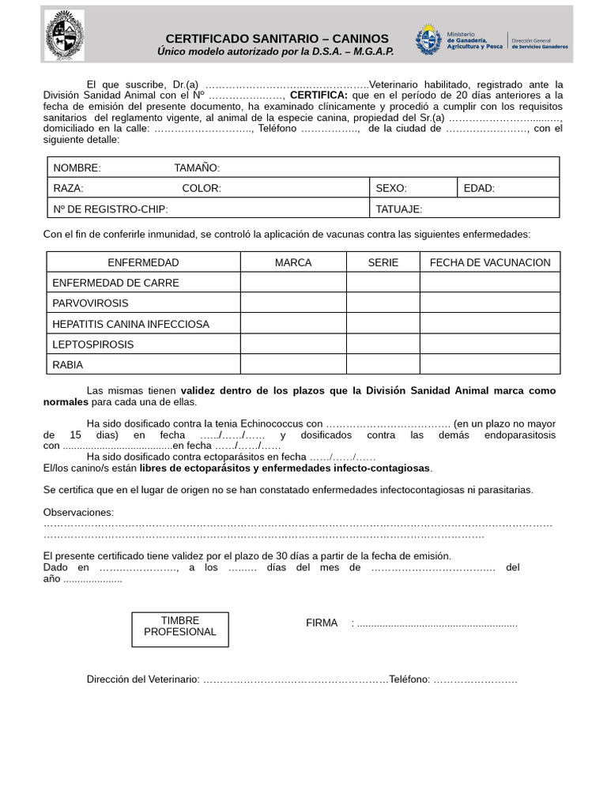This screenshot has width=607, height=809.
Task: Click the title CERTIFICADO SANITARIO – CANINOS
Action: [277, 39]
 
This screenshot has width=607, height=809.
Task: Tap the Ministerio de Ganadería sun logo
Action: [430, 40]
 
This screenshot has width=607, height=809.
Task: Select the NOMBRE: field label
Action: [77, 167]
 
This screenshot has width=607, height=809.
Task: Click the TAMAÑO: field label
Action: [197, 167]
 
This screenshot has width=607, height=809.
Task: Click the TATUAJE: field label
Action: [399, 209]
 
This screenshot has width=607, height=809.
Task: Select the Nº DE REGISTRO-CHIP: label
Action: [111, 209]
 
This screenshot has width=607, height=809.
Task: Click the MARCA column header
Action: [293, 262]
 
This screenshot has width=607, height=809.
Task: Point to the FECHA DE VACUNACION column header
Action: [490, 262]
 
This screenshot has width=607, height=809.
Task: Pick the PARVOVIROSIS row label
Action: [90, 303]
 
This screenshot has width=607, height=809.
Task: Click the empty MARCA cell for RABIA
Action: [293, 365]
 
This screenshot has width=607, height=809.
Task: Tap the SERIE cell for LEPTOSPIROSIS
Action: [383, 344]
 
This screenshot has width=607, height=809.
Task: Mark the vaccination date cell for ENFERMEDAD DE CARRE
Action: [490, 283]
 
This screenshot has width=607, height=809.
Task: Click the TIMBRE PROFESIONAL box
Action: [179, 629]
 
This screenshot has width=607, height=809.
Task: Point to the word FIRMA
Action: [322, 623]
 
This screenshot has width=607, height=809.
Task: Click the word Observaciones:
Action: [78, 513]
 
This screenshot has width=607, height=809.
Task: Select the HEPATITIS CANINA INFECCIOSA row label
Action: [131, 324]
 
